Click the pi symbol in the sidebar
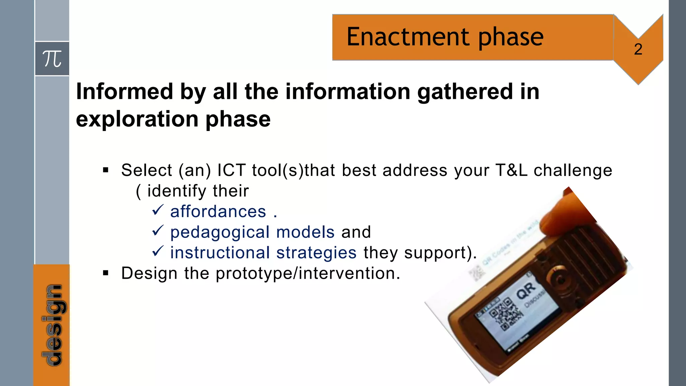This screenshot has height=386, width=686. point(52,59)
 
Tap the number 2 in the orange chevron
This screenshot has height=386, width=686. point(638,50)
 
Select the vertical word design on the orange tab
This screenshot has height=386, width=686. point(53,325)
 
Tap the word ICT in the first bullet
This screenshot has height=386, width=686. point(231,170)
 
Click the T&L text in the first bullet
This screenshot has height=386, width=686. point(511,170)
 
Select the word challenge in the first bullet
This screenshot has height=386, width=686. point(573,170)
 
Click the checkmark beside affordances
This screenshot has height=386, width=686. point(157,210)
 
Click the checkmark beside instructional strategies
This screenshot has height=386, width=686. point(157,251)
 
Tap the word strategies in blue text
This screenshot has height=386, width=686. point(316,253)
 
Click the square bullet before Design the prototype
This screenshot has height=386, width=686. point(106,273)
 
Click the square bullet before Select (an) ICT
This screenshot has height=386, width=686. point(106,170)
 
